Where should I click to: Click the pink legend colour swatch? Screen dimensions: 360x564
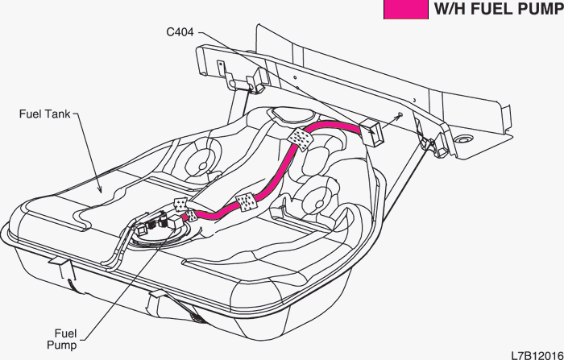405,10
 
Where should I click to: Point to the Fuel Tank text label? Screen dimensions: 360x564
45,114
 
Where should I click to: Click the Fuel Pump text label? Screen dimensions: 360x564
65,338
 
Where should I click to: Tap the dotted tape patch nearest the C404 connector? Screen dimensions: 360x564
301,138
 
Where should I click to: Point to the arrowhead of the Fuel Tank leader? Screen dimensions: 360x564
100,192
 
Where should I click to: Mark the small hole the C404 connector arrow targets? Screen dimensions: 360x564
400,115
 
